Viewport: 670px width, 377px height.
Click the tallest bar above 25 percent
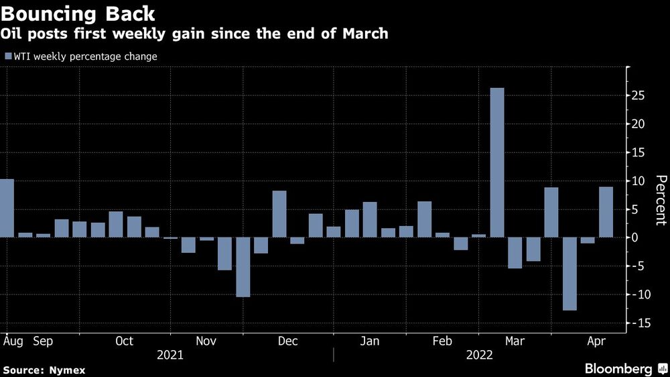point(496,162)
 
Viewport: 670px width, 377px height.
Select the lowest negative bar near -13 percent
point(569,274)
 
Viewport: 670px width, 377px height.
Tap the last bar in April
point(606,212)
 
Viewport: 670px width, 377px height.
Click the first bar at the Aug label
point(7,208)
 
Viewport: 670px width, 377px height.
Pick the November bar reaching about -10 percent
point(243,267)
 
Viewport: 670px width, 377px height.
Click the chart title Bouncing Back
point(79,13)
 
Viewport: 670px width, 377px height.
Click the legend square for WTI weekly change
point(8,57)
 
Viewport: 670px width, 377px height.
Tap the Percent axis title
point(661,199)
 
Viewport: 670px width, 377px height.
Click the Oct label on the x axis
point(125,341)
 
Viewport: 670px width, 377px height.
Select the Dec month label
point(287,341)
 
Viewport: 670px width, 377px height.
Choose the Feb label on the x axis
point(442,341)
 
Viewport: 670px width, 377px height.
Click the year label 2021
point(170,356)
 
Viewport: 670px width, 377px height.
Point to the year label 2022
point(480,356)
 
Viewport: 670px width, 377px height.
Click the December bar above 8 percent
point(279,214)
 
